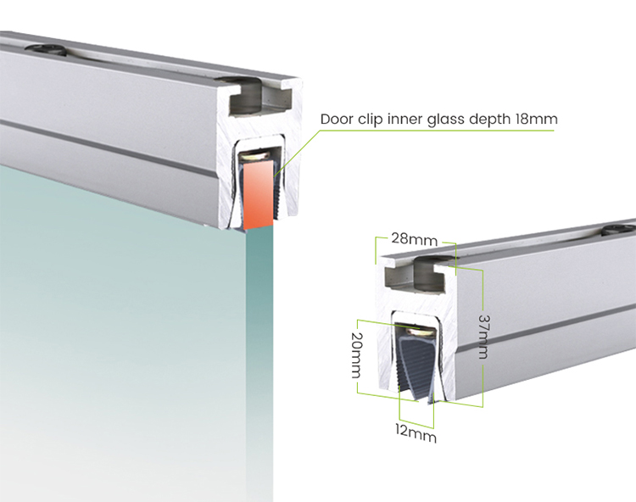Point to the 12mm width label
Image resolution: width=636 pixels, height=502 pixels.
pyautogui.click(x=416, y=434)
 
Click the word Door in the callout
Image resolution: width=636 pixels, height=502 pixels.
pyautogui.click(x=337, y=119)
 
